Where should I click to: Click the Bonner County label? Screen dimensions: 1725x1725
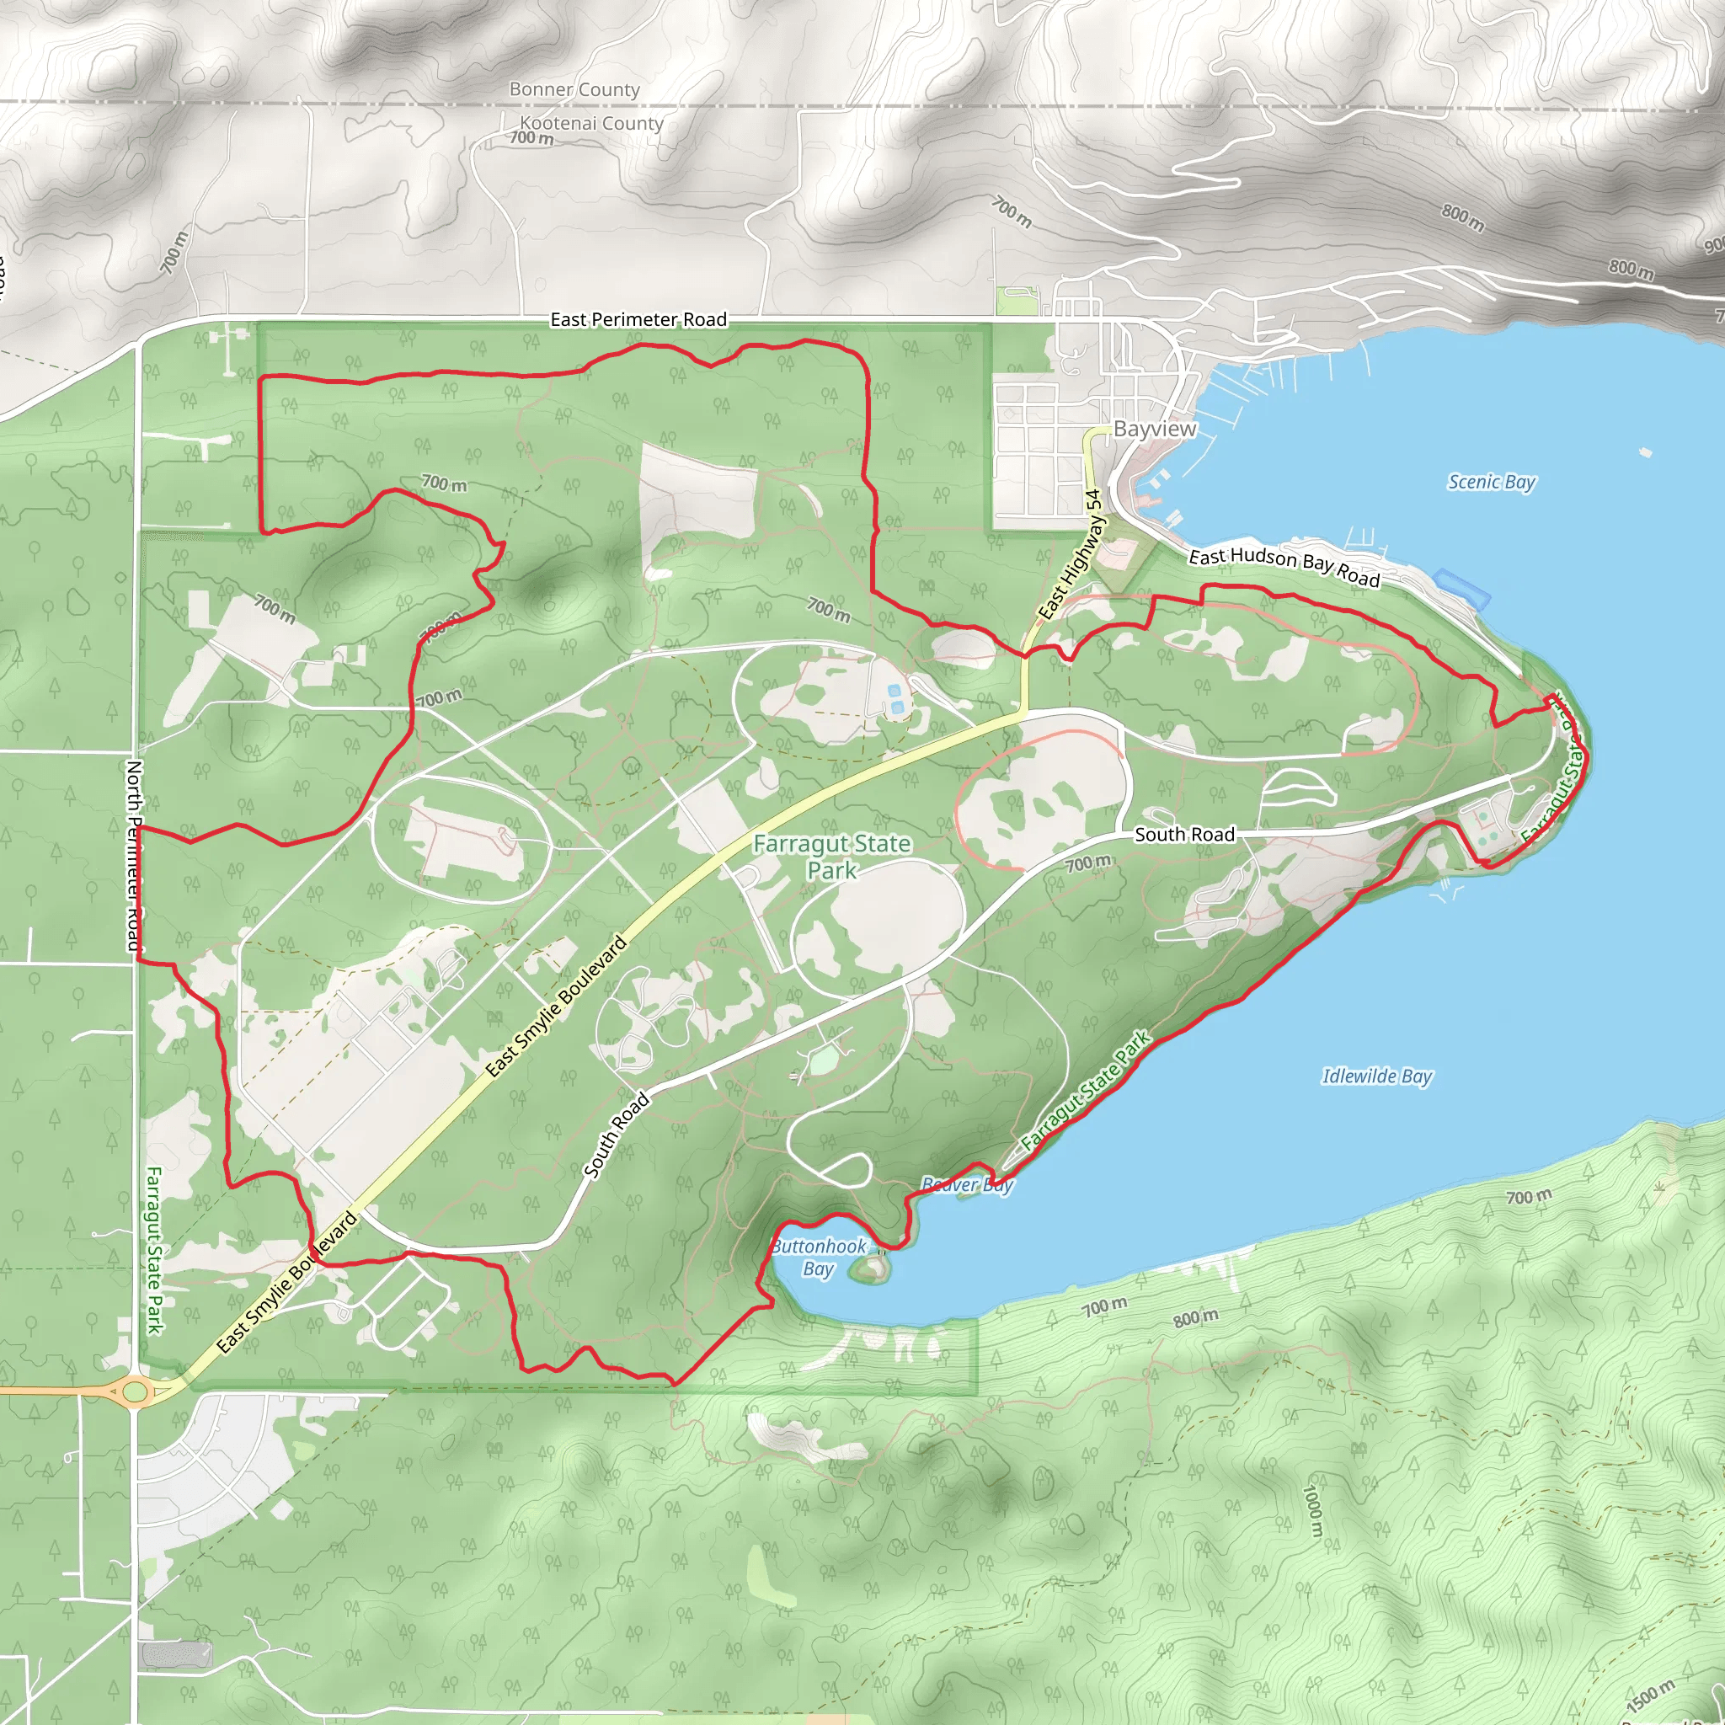click(574, 89)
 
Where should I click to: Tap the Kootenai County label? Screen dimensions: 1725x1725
click(591, 123)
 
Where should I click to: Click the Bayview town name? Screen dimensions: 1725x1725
click(1154, 429)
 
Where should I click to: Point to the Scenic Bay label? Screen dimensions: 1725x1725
click(1490, 482)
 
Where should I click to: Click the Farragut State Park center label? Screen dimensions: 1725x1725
click(831, 857)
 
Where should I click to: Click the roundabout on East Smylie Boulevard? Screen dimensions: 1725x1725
click(134, 1391)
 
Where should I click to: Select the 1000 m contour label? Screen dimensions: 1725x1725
click(1312, 1509)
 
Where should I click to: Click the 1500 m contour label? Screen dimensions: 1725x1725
click(1649, 1694)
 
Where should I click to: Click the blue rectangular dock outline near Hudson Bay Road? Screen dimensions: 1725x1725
click(1462, 590)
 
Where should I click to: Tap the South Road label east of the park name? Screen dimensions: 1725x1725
click(1184, 834)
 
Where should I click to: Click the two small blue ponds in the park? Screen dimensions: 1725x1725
click(895, 699)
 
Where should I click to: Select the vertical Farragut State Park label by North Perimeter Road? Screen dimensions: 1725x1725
click(153, 1250)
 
